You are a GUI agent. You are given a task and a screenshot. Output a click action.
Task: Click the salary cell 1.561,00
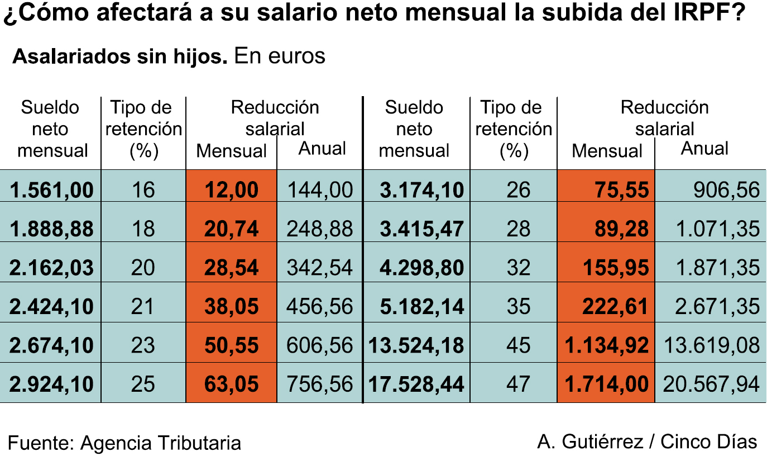click(51, 190)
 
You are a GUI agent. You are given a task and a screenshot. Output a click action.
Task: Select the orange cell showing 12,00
click(232, 190)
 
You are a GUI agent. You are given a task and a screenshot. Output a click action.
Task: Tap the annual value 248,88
click(320, 229)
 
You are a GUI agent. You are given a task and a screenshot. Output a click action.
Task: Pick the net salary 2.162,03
click(51, 267)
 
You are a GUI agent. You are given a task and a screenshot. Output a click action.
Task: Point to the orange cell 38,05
click(232, 306)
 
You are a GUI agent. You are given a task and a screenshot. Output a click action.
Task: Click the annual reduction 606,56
click(320, 345)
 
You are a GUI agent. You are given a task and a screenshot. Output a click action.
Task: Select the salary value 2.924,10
click(51, 384)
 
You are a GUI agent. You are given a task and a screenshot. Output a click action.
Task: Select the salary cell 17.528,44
click(416, 384)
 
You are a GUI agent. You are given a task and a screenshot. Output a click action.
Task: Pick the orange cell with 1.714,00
click(607, 384)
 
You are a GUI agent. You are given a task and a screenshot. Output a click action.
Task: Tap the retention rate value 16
click(143, 190)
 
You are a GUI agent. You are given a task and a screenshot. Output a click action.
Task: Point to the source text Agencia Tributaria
click(161, 443)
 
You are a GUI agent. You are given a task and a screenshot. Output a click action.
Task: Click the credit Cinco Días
click(709, 441)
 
